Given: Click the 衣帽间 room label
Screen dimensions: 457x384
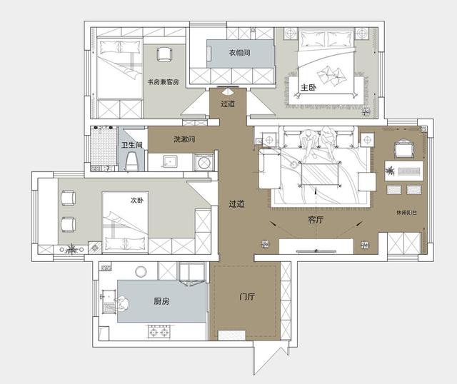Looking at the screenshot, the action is [x=239, y=53].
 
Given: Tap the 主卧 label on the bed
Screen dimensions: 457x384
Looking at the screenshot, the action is [x=308, y=87].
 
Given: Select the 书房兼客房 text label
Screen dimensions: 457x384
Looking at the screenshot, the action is [x=164, y=82].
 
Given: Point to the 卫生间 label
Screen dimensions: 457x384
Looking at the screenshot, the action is [x=131, y=145].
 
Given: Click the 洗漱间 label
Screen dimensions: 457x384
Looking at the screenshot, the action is [x=184, y=139].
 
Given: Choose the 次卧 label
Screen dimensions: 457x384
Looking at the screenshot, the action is [x=137, y=201].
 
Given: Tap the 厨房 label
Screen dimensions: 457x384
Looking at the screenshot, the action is [x=161, y=301].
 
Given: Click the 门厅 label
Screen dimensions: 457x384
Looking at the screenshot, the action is [x=247, y=297].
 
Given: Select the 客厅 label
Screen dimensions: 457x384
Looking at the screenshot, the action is [x=316, y=219].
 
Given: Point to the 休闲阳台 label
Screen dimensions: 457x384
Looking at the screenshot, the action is [x=406, y=213].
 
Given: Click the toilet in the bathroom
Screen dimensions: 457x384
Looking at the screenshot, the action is [x=131, y=161].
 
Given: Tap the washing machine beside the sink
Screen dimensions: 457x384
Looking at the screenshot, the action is [x=204, y=163].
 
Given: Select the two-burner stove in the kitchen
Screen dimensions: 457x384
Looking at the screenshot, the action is [x=159, y=332].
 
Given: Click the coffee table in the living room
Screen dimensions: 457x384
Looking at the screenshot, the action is [x=321, y=175].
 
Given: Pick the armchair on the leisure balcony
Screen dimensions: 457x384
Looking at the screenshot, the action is [x=403, y=149].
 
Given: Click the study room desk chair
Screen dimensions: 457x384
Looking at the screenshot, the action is [x=164, y=54].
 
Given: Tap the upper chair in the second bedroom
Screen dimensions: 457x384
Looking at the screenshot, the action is [x=69, y=198].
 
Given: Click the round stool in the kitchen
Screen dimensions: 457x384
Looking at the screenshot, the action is [x=141, y=272].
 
